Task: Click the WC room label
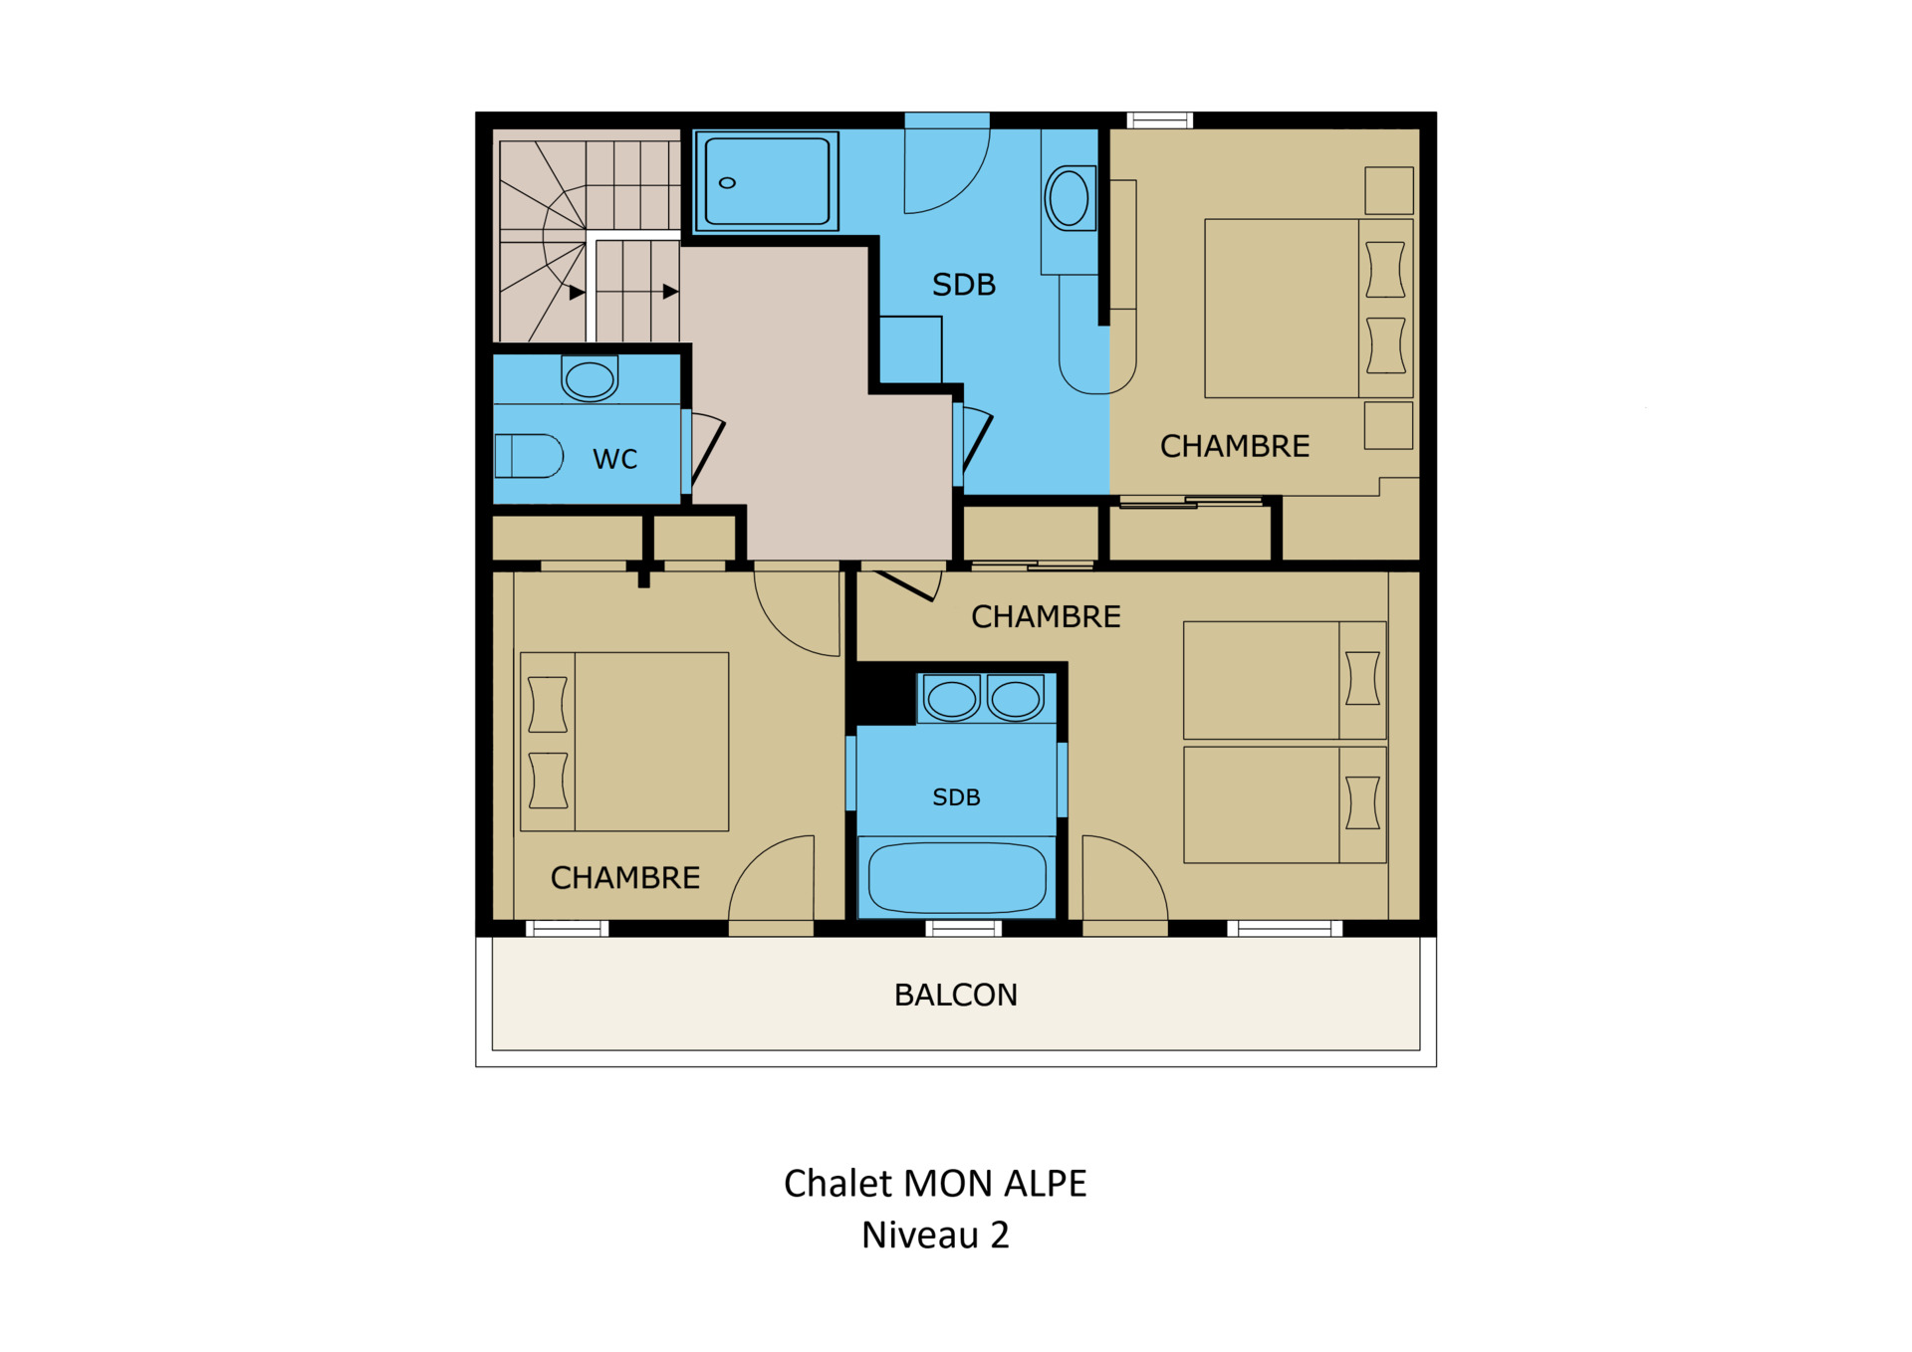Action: coord(614,459)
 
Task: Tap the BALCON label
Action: coord(956,995)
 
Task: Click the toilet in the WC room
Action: coord(529,456)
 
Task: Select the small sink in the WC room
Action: coord(590,378)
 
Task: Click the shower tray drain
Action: coord(727,183)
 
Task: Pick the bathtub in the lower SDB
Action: coord(957,877)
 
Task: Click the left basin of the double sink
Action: coord(952,699)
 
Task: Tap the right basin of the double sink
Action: coord(1016,699)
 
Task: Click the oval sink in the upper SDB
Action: coord(1070,198)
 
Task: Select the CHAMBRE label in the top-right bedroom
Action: coord(1235,446)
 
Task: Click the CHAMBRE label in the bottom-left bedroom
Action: coord(625,877)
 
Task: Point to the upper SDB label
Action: coord(964,285)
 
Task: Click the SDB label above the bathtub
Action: coord(956,797)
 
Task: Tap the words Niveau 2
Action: coord(935,1235)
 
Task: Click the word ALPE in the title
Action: coord(1045,1184)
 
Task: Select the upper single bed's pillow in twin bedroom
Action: coord(1362,678)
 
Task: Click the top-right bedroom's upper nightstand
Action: coord(1389,190)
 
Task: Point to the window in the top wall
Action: coord(1160,120)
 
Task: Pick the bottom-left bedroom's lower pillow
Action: coord(548,780)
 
